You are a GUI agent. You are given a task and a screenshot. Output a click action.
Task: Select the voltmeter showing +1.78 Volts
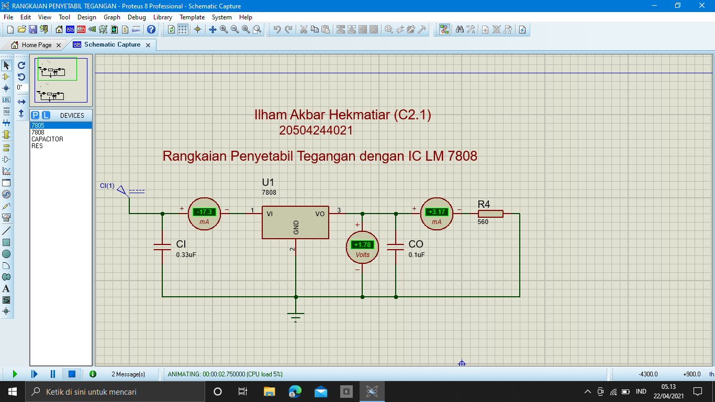click(362, 247)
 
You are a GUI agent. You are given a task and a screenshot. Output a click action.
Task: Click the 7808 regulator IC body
click(295, 222)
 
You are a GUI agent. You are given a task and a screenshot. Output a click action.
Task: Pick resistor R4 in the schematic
click(490, 214)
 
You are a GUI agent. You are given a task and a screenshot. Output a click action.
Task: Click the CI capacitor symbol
click(162, 247)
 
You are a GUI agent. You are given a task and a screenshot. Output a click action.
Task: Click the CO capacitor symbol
click(396, 247)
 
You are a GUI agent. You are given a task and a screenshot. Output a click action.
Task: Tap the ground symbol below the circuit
click(296, 317)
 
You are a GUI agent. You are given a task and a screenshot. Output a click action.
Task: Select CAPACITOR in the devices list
click(47, 139)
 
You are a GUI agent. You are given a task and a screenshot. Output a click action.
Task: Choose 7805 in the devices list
click(38, 126)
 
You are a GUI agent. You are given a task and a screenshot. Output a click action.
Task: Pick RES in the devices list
click(37, 146)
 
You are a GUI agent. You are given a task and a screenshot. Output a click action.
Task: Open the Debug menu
click(137, 17)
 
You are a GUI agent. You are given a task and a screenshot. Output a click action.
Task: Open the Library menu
click(162, 17)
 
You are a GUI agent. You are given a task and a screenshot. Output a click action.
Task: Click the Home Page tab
click(37, 45)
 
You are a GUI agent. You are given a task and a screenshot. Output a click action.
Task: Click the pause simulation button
click(53, 374)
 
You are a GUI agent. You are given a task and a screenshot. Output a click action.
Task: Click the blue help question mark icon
click(151, 30)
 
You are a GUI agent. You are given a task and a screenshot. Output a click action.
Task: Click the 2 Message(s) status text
click(128, 374)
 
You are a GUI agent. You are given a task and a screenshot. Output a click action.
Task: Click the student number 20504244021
click(316, 130)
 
